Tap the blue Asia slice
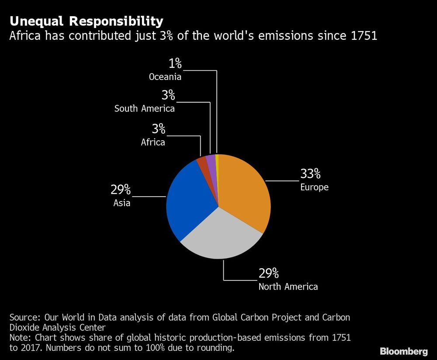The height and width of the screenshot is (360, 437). (188, 201)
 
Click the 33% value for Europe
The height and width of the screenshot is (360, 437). (310, 174)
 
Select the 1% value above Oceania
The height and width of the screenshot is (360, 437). (175, 64)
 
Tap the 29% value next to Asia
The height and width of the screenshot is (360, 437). (121, 190)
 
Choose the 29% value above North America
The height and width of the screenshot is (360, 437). (269, 273)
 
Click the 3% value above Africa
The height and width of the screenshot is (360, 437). (158, 129)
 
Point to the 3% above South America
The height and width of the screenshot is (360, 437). (168, 95)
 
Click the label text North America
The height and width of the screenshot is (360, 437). (288, 287)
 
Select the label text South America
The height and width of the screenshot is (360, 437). (145, 109)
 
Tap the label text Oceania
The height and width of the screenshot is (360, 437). (165, 77)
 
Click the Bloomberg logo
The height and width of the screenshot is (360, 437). (403, 351)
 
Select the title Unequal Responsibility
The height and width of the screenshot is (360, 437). (87, 21)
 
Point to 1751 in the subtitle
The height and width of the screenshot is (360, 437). (364, 36)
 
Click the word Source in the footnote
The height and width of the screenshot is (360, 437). (22, 317)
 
